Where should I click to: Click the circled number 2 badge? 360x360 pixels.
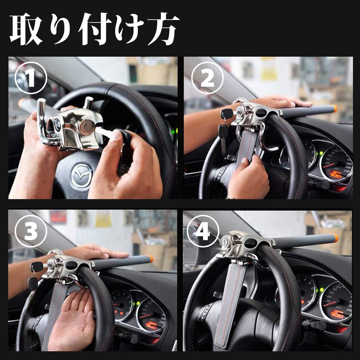tap(207, 78)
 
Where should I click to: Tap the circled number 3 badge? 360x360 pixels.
tap(31, 231)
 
